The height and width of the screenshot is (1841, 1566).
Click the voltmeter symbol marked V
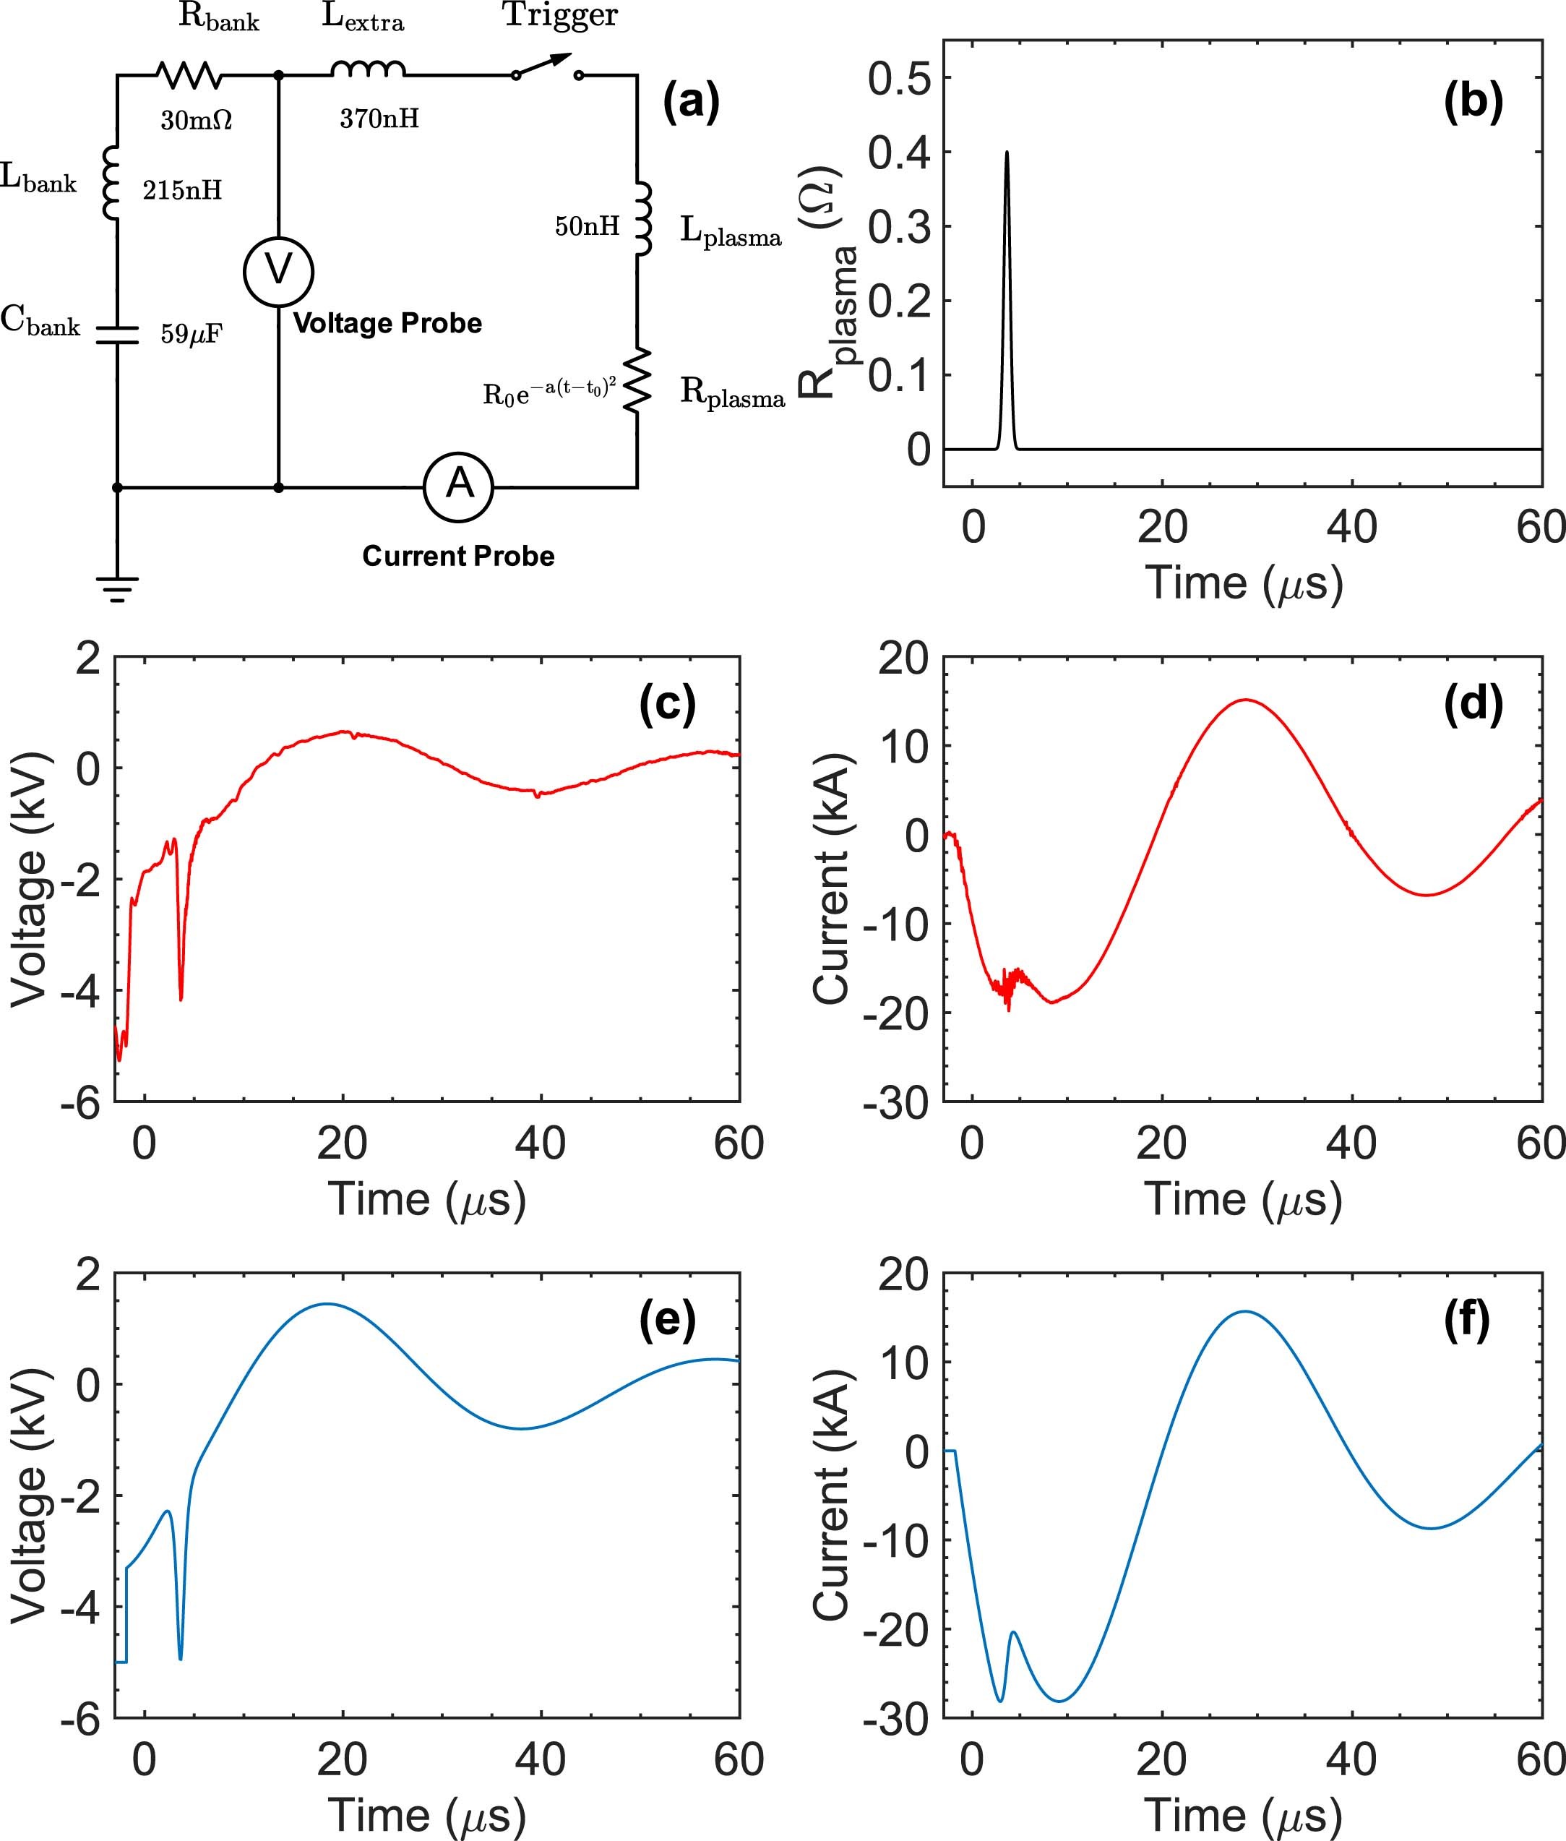pyautogui.click(x=278, y=271)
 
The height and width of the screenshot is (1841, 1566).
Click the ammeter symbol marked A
pyautogui.click(x=458, y=486)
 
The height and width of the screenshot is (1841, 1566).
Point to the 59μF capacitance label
pyautogui.click(x=191, y=334)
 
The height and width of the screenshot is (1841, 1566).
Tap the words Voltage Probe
pyautogui.click(x=387, y=323)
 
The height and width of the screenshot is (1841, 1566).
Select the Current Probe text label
pyautogui.click(x=458, y=556)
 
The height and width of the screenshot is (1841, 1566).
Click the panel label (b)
pyautogui.click(x=1473, y=102)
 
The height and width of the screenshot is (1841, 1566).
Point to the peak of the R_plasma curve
pyautogui.click(x=1006, y=153)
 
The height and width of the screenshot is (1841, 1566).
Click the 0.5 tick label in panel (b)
pyautogui.click(x=898, y=79)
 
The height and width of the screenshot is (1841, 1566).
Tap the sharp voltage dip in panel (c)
pyautogui.click(x=181, y=997)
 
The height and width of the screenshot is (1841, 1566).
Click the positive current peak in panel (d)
pyautogui.click(x=1247, y=700)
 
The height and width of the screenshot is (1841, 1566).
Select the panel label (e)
pyautogui.click(x=667, y=1321)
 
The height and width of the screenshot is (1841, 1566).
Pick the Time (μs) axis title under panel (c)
pyautogui.click(x=427, y=1199)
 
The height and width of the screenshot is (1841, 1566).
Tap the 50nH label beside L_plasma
pyautogui.click(x=587, y=226)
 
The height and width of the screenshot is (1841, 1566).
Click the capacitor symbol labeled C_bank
pyautogui.click(x=117, y=334)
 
